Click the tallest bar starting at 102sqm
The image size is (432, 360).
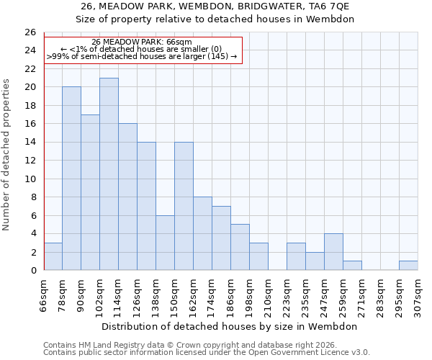(x=109, y=174)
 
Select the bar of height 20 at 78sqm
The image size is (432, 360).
(x=71, y=178)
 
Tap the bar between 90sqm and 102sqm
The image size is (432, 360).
(x=90, y=192)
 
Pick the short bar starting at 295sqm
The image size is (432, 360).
(x=408, y=266)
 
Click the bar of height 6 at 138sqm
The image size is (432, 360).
(x=165, y=243)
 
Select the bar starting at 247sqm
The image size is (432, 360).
(x=333, y=252)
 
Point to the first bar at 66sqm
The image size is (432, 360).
(x=53, y=256)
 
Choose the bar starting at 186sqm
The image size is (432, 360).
(x=240, y=247)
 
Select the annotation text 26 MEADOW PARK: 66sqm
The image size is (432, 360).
(x=142, y=42)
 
